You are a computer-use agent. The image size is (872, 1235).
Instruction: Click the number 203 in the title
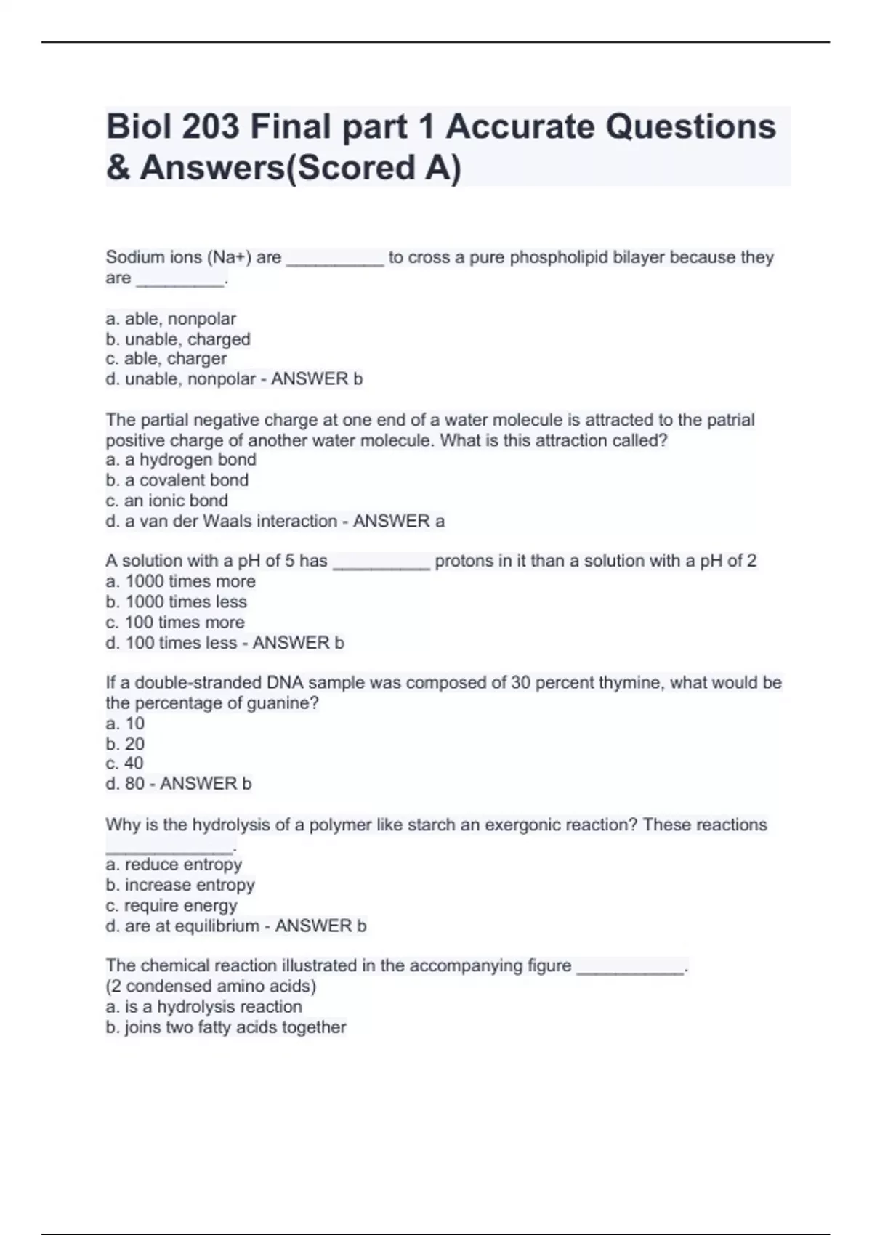click(x=210, y=128)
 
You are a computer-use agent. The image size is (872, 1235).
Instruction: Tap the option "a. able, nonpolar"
click(x=171, y=319)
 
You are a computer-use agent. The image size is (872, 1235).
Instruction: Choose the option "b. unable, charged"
click(x=178, y=339)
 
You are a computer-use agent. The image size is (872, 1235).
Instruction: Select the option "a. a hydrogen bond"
click(x=181, y=460)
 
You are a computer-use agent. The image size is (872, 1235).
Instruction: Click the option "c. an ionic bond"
click(x=167, y=501)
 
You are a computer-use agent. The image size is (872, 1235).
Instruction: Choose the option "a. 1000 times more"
click(x=181, y=581)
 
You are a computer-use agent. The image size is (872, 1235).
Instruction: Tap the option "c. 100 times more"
click(x=175, y=623)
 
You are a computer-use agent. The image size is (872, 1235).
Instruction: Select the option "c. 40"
click(x=124, y=764)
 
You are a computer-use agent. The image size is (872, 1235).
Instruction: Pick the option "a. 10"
click(x=125, y=724)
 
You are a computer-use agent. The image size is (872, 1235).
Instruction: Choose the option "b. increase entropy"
click(x=180, y=885)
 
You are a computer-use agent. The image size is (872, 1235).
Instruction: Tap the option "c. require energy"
click(x=171, y=906)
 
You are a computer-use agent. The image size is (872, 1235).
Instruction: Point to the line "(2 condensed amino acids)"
click(x=211, y=987)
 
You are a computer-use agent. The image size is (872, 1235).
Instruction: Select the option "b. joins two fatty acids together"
click(x=226, y=1027)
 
